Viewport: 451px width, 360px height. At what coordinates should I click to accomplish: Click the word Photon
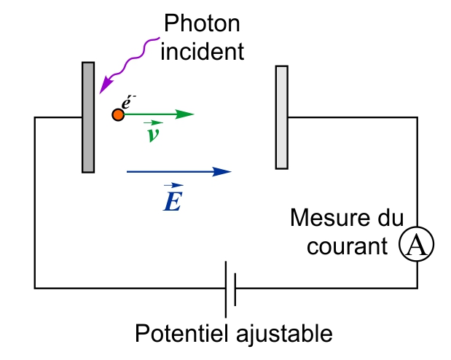coord(201,25)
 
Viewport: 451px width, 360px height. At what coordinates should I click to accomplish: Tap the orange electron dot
coord(117,115)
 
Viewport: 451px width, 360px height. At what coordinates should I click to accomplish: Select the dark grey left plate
coord(88,117)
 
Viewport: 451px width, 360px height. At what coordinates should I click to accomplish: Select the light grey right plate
coord(282,117)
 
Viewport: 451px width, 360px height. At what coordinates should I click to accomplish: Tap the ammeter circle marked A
coord(416,246)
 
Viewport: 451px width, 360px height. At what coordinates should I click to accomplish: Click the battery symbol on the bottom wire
coord(230,287)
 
